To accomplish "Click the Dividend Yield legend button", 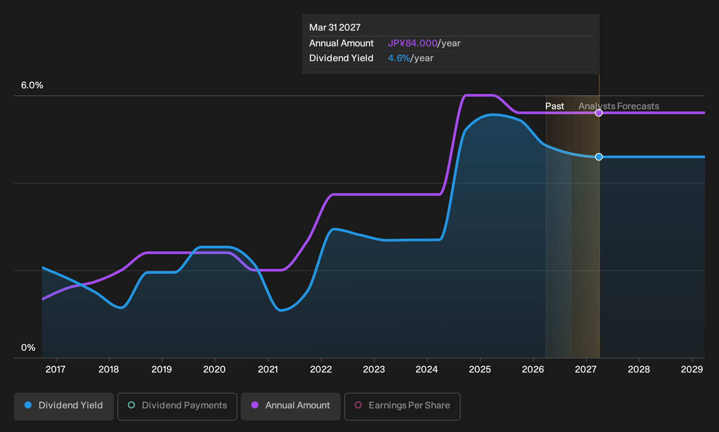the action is pyautogui.click(x=64, y=406).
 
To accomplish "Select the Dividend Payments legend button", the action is pyautogui.click(x=177, y=406).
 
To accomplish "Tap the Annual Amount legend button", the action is pyautogui.click(x=290, y=406).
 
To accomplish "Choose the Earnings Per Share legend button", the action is pyautogui.click(x=402, y=406).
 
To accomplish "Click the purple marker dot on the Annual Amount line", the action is pyautogui.click(x=599, y=113).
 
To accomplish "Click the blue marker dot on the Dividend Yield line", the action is pyautogui.click(x=599, y=157).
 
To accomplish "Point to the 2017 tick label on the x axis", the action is pyautogui.click(x=56, y=369).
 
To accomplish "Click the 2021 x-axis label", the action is pyautogui.click(x=268, y=369).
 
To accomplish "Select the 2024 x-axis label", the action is pyautogui.click(x=427, y=369).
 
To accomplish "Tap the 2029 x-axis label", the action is pyautogui.click(x=692, y=369).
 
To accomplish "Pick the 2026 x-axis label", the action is pyautogui.click(x=533, y=369).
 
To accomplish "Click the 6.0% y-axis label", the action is pyautogui.click(x=32, y=85).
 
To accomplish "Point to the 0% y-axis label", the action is pyautogui.click(x=28, y=348).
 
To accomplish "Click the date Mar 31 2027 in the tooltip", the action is pyautogui.click(x=335, y=28).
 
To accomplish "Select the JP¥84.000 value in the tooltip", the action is pyautogui.click(x=412, y=43).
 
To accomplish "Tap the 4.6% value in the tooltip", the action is pyautogui.click(x=399, y=58).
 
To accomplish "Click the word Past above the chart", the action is pyautogui.click(x=555, y=106).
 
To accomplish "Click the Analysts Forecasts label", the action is pyautogui.click(x=619, y=106).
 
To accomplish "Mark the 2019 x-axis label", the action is pyautogui.click(x=162, y=369).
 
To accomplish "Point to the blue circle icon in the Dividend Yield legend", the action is pyautogui.click(x=28, y=405).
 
